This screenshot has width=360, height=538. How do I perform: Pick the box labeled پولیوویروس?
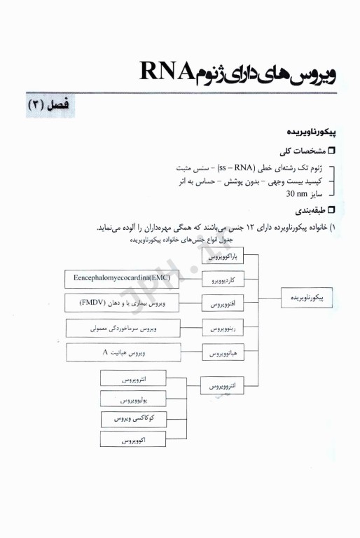(132, 399)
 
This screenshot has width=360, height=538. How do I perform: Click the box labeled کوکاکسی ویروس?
(132, 420)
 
